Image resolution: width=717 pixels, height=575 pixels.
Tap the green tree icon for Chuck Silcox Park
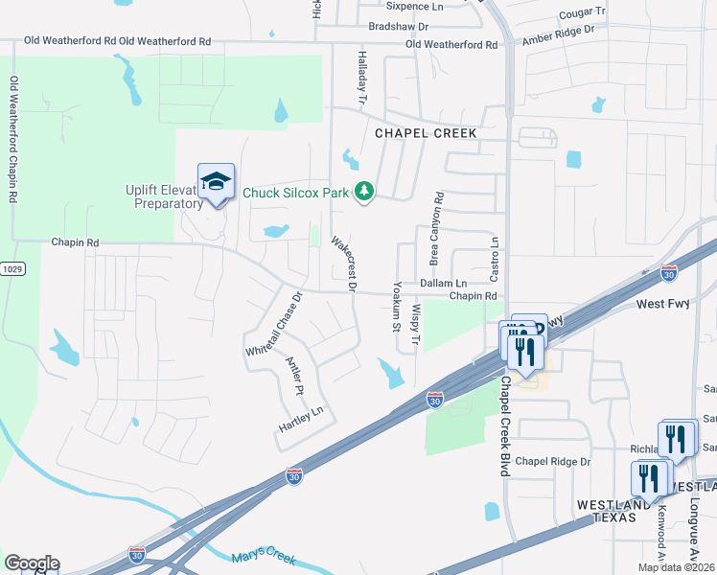(363, 193)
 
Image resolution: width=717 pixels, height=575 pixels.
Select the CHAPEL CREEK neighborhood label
(426, 133)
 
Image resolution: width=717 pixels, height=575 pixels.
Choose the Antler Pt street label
(294, 376)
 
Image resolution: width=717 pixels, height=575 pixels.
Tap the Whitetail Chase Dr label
(273, 325)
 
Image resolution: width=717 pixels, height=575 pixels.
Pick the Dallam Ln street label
(444, 284)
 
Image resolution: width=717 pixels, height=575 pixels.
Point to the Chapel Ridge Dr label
(553, 461)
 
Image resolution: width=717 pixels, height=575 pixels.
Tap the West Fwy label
(662, 304)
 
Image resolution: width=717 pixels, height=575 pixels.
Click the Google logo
(32, 563)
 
